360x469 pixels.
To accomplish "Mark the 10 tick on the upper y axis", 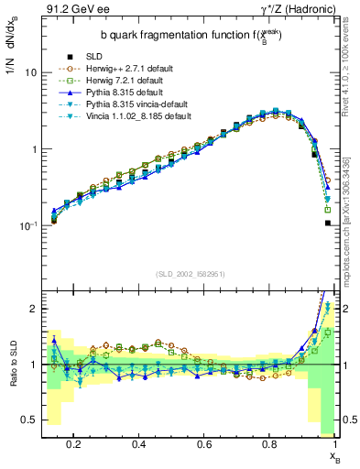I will point(31,72).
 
